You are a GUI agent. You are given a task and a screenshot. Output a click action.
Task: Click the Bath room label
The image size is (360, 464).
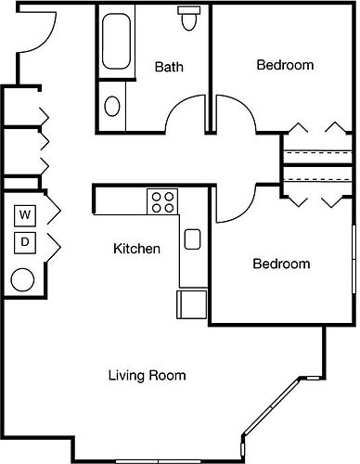click(169, 67)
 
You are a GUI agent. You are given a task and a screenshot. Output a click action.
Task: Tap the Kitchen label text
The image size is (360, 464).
click(136, 249)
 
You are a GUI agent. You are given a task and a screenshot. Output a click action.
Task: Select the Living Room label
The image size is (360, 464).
click(147, 375)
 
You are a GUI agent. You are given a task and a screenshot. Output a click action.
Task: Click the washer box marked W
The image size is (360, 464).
click(25, 215)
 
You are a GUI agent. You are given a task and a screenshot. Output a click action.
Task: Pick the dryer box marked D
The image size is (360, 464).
click(25, 242)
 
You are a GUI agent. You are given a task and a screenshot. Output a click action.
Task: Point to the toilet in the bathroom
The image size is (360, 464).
click(188, 18)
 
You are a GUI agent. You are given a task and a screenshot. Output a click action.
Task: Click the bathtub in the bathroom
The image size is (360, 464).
click(116, 41)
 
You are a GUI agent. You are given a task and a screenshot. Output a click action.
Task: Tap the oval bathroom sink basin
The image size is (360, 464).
click(112, 107)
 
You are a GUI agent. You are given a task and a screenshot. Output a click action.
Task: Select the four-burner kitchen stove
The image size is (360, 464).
click(162, 201)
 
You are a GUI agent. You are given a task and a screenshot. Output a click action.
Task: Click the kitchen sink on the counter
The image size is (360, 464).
click(192, 239)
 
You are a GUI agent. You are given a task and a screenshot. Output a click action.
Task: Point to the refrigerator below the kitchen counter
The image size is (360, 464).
click(191, 304)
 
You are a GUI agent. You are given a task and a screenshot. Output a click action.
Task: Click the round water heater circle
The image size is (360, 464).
click(22, 279)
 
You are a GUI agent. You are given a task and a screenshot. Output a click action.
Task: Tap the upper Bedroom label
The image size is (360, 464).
click(285, 65)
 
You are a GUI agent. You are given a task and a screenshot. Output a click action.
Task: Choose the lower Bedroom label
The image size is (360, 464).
click(281, 264)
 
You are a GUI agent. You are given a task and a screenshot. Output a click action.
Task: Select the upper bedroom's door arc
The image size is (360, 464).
click(244, 105)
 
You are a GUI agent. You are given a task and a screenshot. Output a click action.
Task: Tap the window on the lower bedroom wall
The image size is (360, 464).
click(354, 259)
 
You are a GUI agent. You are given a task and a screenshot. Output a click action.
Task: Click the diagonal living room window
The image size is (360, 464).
click(272, 406)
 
